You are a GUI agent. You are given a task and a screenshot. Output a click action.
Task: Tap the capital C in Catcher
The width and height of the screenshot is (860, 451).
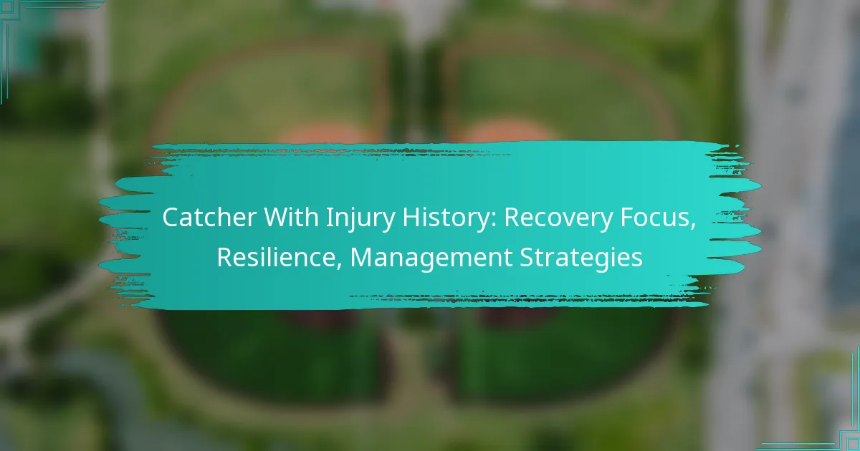click(171, 218)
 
